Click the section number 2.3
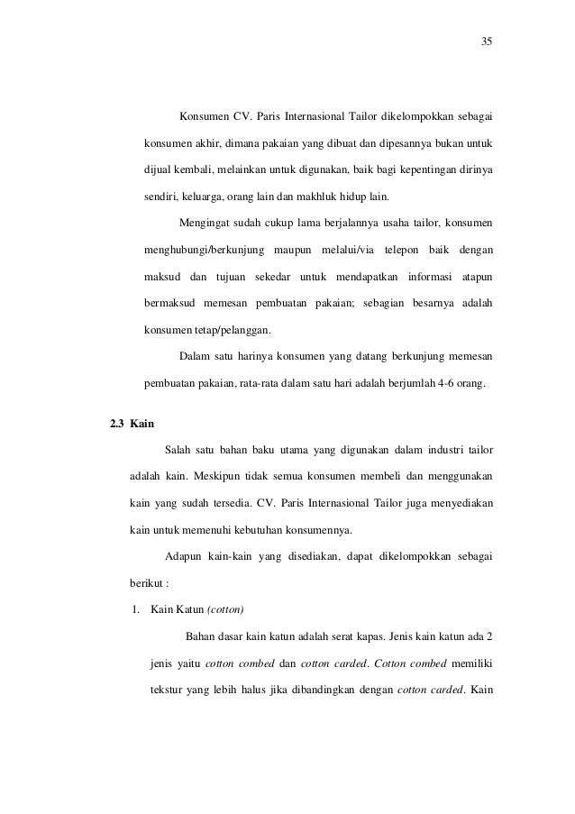tap(117, 423)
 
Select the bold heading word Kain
tap(141, 423)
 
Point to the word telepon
tap(406, 248)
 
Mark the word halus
tap(275, 691)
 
